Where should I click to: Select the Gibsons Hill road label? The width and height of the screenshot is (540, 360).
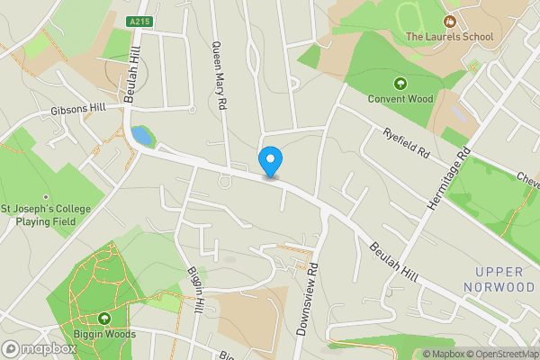pyautogui.click(x=78, y=108)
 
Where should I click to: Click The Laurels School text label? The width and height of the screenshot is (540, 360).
pyautogui.click(x=450, y=37)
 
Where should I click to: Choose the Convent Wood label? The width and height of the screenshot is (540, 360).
pyautogui.click(x=400, y=99)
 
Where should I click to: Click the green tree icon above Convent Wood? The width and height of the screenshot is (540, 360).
pyautogui.click(x=400, y=84)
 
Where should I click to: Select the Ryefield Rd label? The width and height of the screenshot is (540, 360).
pyautogui.click(x=408, y=143)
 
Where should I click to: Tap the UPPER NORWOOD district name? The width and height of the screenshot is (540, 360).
pyautogui.click(x=499, y=279)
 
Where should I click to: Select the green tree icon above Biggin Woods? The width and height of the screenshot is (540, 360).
pyautogui.click(x=104, y=319)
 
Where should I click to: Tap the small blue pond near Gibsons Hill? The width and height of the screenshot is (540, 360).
pyautogui.click(x=141, y=137)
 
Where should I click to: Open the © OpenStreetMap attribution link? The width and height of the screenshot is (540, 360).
pyautogui.click(x=499, y=354)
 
